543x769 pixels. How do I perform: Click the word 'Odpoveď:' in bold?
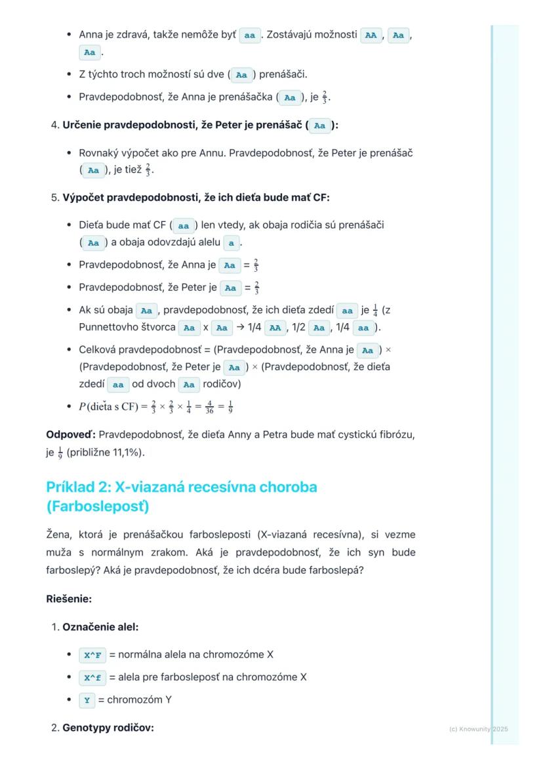[70, 435]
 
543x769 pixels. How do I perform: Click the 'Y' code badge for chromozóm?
[87, 700]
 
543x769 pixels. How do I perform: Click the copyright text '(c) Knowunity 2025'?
[478, 729]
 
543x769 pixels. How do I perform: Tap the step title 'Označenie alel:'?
[100, 627]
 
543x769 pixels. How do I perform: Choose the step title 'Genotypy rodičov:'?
[108, 728]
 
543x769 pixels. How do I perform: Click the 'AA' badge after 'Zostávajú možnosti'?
[371, 35]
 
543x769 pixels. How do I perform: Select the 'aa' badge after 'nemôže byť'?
[249, 35]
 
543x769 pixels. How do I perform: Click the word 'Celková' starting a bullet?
[98, 350]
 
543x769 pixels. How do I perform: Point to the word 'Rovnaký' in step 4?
[99, 153]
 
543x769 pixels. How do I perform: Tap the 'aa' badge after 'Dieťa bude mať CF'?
[184, 226]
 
